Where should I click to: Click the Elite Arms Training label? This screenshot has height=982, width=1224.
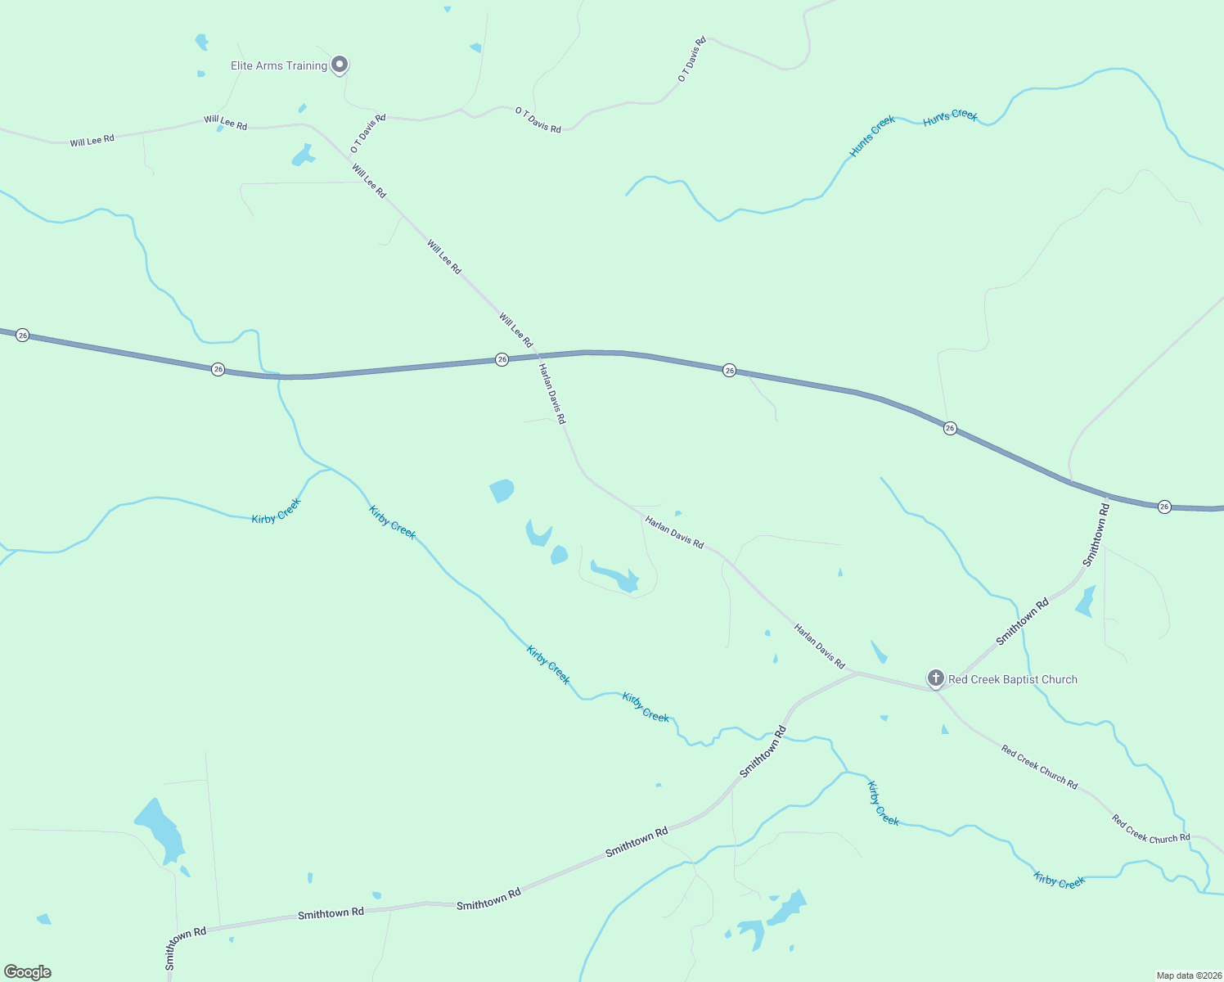point(278,65)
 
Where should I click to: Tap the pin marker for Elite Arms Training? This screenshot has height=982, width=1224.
point(340,64)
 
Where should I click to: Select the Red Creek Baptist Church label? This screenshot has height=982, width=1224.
point(1012,679)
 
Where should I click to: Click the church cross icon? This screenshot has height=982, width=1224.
point(935,678)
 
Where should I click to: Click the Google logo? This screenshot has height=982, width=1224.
point(28,972)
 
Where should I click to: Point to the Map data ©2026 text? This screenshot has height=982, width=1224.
point(1188,975)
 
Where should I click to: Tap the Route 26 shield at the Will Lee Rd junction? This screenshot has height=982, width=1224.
point(502,359)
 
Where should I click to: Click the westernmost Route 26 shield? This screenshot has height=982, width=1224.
point(22,335)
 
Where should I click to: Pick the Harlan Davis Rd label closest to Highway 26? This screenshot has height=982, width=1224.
point(551,394)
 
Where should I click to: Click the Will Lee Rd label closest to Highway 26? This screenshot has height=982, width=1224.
point(516,330)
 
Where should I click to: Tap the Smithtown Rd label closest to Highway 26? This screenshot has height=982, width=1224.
point(1096,534)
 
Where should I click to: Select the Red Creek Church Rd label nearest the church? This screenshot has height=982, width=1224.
point(1039,767)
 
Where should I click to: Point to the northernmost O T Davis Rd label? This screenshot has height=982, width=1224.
point(692,59)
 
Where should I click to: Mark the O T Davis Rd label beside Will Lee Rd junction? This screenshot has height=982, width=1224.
point(367,133)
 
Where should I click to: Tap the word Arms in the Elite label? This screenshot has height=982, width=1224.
point(269,65)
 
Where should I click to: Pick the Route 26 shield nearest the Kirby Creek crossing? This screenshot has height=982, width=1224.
point(218,369)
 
